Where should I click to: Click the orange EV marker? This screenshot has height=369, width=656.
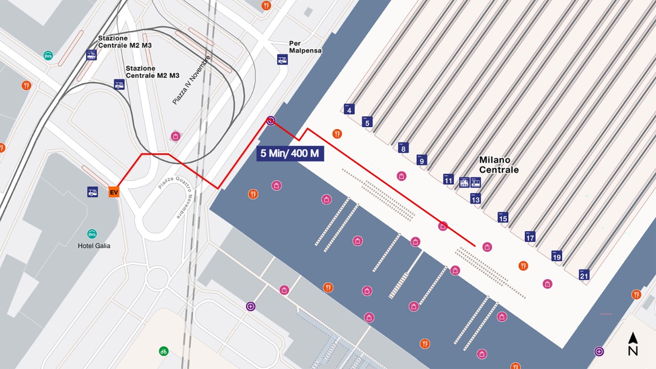114,192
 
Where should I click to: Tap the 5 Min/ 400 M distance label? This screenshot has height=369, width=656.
290,153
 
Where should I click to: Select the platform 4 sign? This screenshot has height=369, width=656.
349,109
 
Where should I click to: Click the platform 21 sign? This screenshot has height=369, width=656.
584,275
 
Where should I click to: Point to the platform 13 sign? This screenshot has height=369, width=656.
475,198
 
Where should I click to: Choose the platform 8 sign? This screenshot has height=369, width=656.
403,148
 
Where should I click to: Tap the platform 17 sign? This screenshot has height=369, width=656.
530,237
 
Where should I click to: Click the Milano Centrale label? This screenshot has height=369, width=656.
499,165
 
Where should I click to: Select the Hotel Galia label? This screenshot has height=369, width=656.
94,245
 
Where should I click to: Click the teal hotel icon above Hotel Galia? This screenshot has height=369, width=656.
92,234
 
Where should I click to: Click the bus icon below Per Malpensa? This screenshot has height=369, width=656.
282,59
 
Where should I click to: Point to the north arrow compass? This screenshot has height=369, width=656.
633,344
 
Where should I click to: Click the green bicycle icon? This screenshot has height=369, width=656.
163,351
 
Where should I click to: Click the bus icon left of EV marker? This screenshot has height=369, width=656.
92,192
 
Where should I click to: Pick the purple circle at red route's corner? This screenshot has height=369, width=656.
271,121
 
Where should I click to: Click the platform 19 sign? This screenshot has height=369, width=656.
557,256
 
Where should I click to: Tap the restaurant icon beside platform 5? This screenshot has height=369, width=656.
337,134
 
